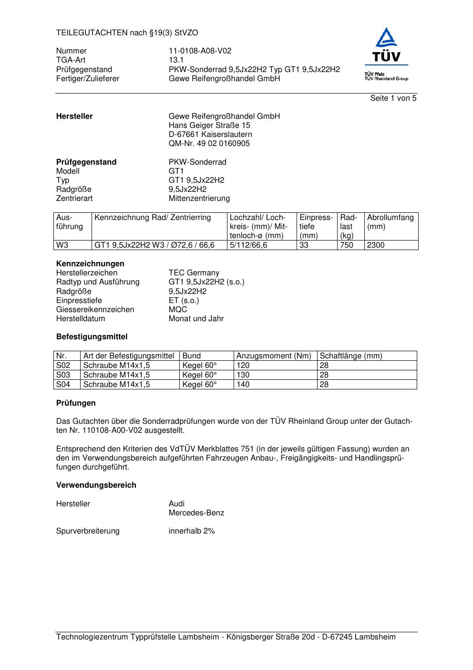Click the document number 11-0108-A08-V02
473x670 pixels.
(200, 51)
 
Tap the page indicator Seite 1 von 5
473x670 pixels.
(393, 98)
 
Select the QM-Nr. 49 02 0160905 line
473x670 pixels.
(209, 144)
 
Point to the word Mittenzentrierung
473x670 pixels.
(199, 199)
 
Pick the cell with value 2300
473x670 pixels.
(376, 245)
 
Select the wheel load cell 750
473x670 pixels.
(347, 245)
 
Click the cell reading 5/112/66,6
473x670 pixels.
(248, 245)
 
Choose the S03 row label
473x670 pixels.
(63, 375)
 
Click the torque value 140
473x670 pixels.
(243, 385)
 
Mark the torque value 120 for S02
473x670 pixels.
(243, 366)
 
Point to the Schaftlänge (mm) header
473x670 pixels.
(351, 356)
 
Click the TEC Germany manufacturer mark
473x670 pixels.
(194, 273)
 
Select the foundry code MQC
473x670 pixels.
(178, 310)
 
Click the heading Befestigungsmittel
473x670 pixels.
(92, 337)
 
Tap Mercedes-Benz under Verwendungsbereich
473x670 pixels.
(196, 513)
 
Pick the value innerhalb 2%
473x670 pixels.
(192, 531)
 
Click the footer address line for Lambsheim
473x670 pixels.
(226, 637)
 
